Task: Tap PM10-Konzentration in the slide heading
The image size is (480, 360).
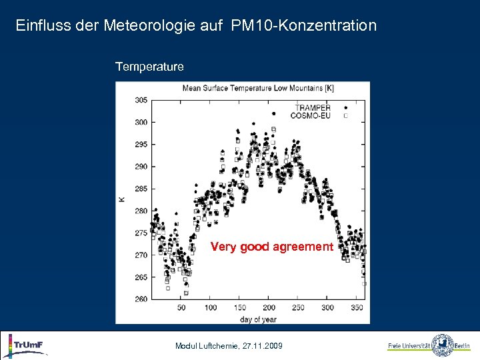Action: coord(304,26)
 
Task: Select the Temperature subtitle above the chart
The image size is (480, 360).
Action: coord(149,67)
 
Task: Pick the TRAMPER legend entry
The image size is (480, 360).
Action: coord(313,107)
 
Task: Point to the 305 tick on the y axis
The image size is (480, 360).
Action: coord(141,100)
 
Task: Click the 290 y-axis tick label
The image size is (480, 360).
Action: coord(141,167)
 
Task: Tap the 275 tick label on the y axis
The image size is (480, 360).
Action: coord(141,233)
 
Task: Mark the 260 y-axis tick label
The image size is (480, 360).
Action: coord(141,299)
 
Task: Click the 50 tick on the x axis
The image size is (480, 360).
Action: coord(181,308)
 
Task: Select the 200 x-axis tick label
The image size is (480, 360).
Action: coord(269,308)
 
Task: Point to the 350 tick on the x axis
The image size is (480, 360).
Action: coord(357,308)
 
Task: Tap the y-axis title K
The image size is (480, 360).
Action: coord(121,199)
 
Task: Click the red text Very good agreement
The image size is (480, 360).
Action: coord(271,247)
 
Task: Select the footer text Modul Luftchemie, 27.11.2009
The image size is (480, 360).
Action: coord(229,346)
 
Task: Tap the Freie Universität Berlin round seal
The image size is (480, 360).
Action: coord(443,345)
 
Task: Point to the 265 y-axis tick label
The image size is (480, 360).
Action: coord(141,277)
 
